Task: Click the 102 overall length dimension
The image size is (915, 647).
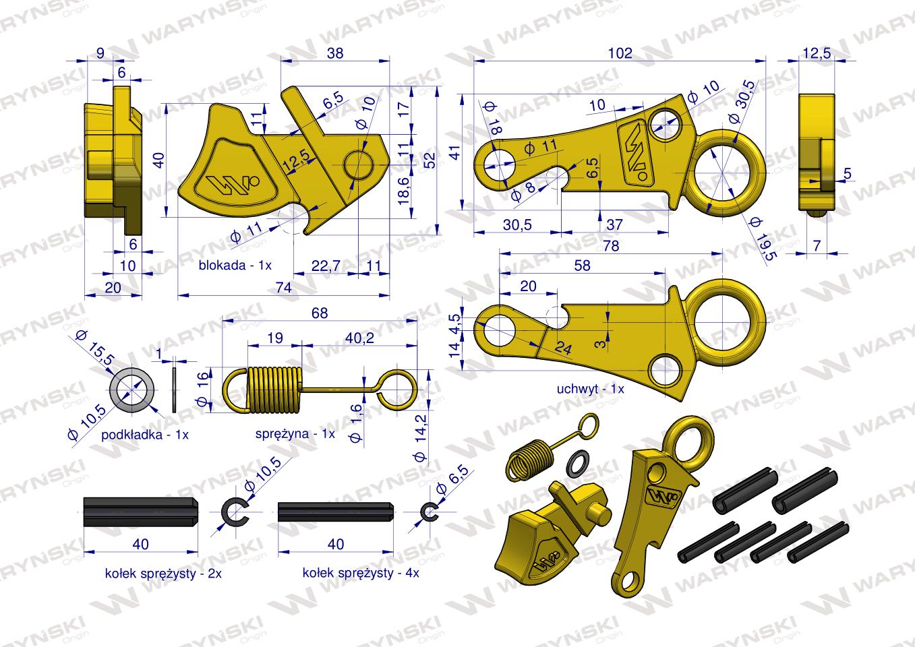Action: (x=620, y=53)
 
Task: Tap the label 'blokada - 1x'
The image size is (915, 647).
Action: (x=235, y=266)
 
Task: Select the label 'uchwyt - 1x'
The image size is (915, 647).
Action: (x=590, y=389)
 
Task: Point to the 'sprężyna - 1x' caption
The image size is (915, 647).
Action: (x=295, y=433)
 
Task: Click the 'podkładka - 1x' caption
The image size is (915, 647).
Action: (x=144, y=435)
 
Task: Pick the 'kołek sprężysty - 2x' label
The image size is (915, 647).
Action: (x=163, y=574)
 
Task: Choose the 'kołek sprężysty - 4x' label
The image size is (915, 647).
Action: (x=361, y=573)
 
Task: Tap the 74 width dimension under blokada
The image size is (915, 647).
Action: (x=283, y=288)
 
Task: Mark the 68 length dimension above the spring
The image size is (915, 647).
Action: (x=320, y=313)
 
